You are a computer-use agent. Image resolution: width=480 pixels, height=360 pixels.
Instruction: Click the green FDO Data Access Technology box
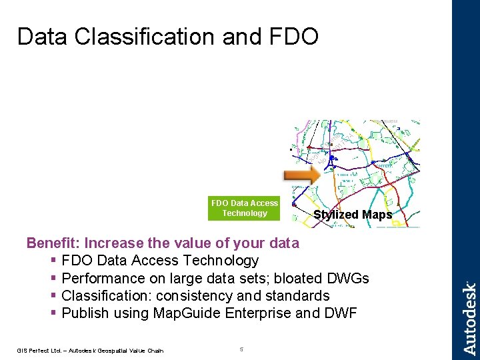click(x=244, y=208)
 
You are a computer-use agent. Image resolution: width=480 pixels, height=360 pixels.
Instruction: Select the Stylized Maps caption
click(x=353, y=214)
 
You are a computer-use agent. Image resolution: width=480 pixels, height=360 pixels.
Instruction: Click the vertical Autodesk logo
click(x=469, y=318)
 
